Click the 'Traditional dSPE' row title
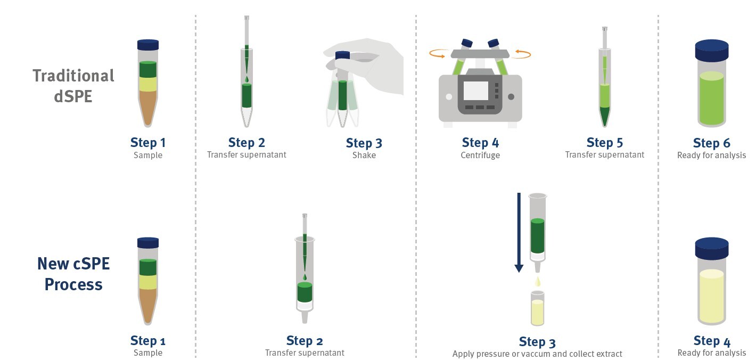click(x=73, y=85)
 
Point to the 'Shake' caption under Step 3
click(x=364, y=156)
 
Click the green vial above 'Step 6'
click(x=711, y=99)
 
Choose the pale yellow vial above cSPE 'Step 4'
click(x=711, y=296)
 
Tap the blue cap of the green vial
click(x=711, y=51)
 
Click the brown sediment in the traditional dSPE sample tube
click(x=148, y=107)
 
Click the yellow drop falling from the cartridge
click(x=538, y=281)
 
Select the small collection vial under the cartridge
click(x=538, y=309)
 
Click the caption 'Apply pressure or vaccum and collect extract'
click(x=537, y=354)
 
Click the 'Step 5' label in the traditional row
click(x=604, y=143)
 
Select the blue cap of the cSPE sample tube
click(x=148, y=243)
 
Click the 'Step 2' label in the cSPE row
click(x=304, y=341)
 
